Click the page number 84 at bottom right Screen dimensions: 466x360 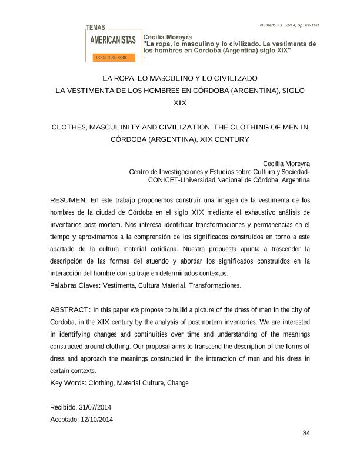(306, 434)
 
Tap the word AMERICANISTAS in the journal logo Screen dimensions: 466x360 (113, 41)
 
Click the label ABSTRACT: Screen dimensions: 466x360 (70, 309)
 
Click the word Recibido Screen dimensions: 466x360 (63, 407)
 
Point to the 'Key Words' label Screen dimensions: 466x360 (67, 383)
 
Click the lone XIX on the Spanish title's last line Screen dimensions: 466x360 (180, 103)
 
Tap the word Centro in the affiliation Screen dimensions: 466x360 (139, 172)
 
